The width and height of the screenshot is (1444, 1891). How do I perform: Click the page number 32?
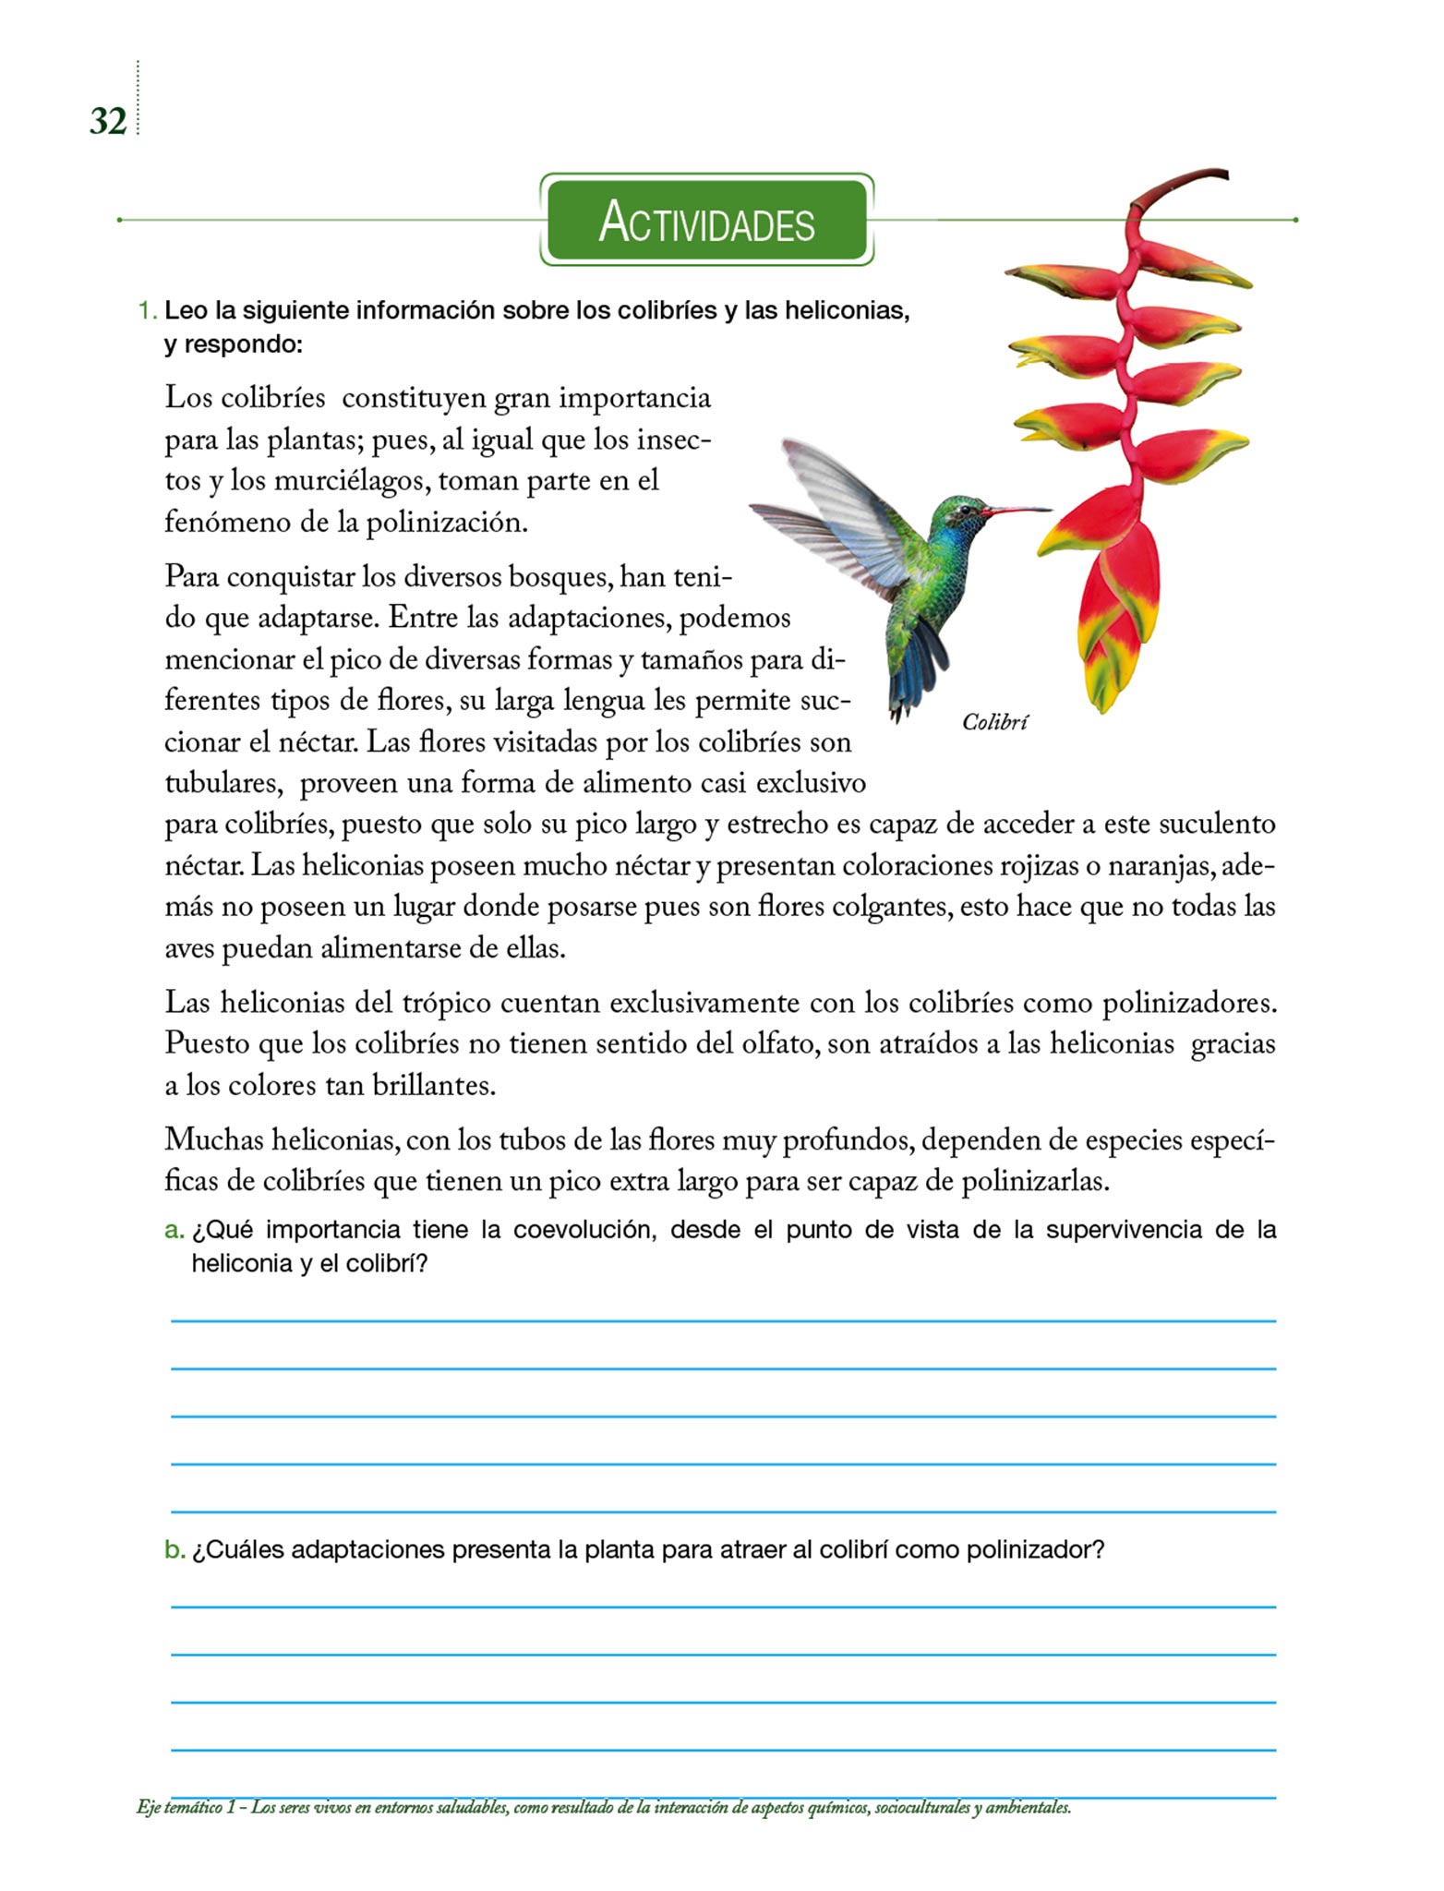click(x=107, y=121)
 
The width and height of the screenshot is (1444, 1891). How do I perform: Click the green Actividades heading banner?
click(x=706, y=221)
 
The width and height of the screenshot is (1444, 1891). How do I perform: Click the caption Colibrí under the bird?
click(x=994, y=722)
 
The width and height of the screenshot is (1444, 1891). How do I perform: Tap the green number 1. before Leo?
click(x=148, y=311)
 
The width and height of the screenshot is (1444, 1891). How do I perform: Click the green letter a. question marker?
click(x=174, y=1231)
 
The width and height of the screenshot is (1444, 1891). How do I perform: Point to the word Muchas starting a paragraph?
click(x=211, y=1140)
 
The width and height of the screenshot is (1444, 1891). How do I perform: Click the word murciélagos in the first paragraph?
click(x=348, y=481)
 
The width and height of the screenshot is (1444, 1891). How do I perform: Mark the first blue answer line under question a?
click(x=723, y=1320)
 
